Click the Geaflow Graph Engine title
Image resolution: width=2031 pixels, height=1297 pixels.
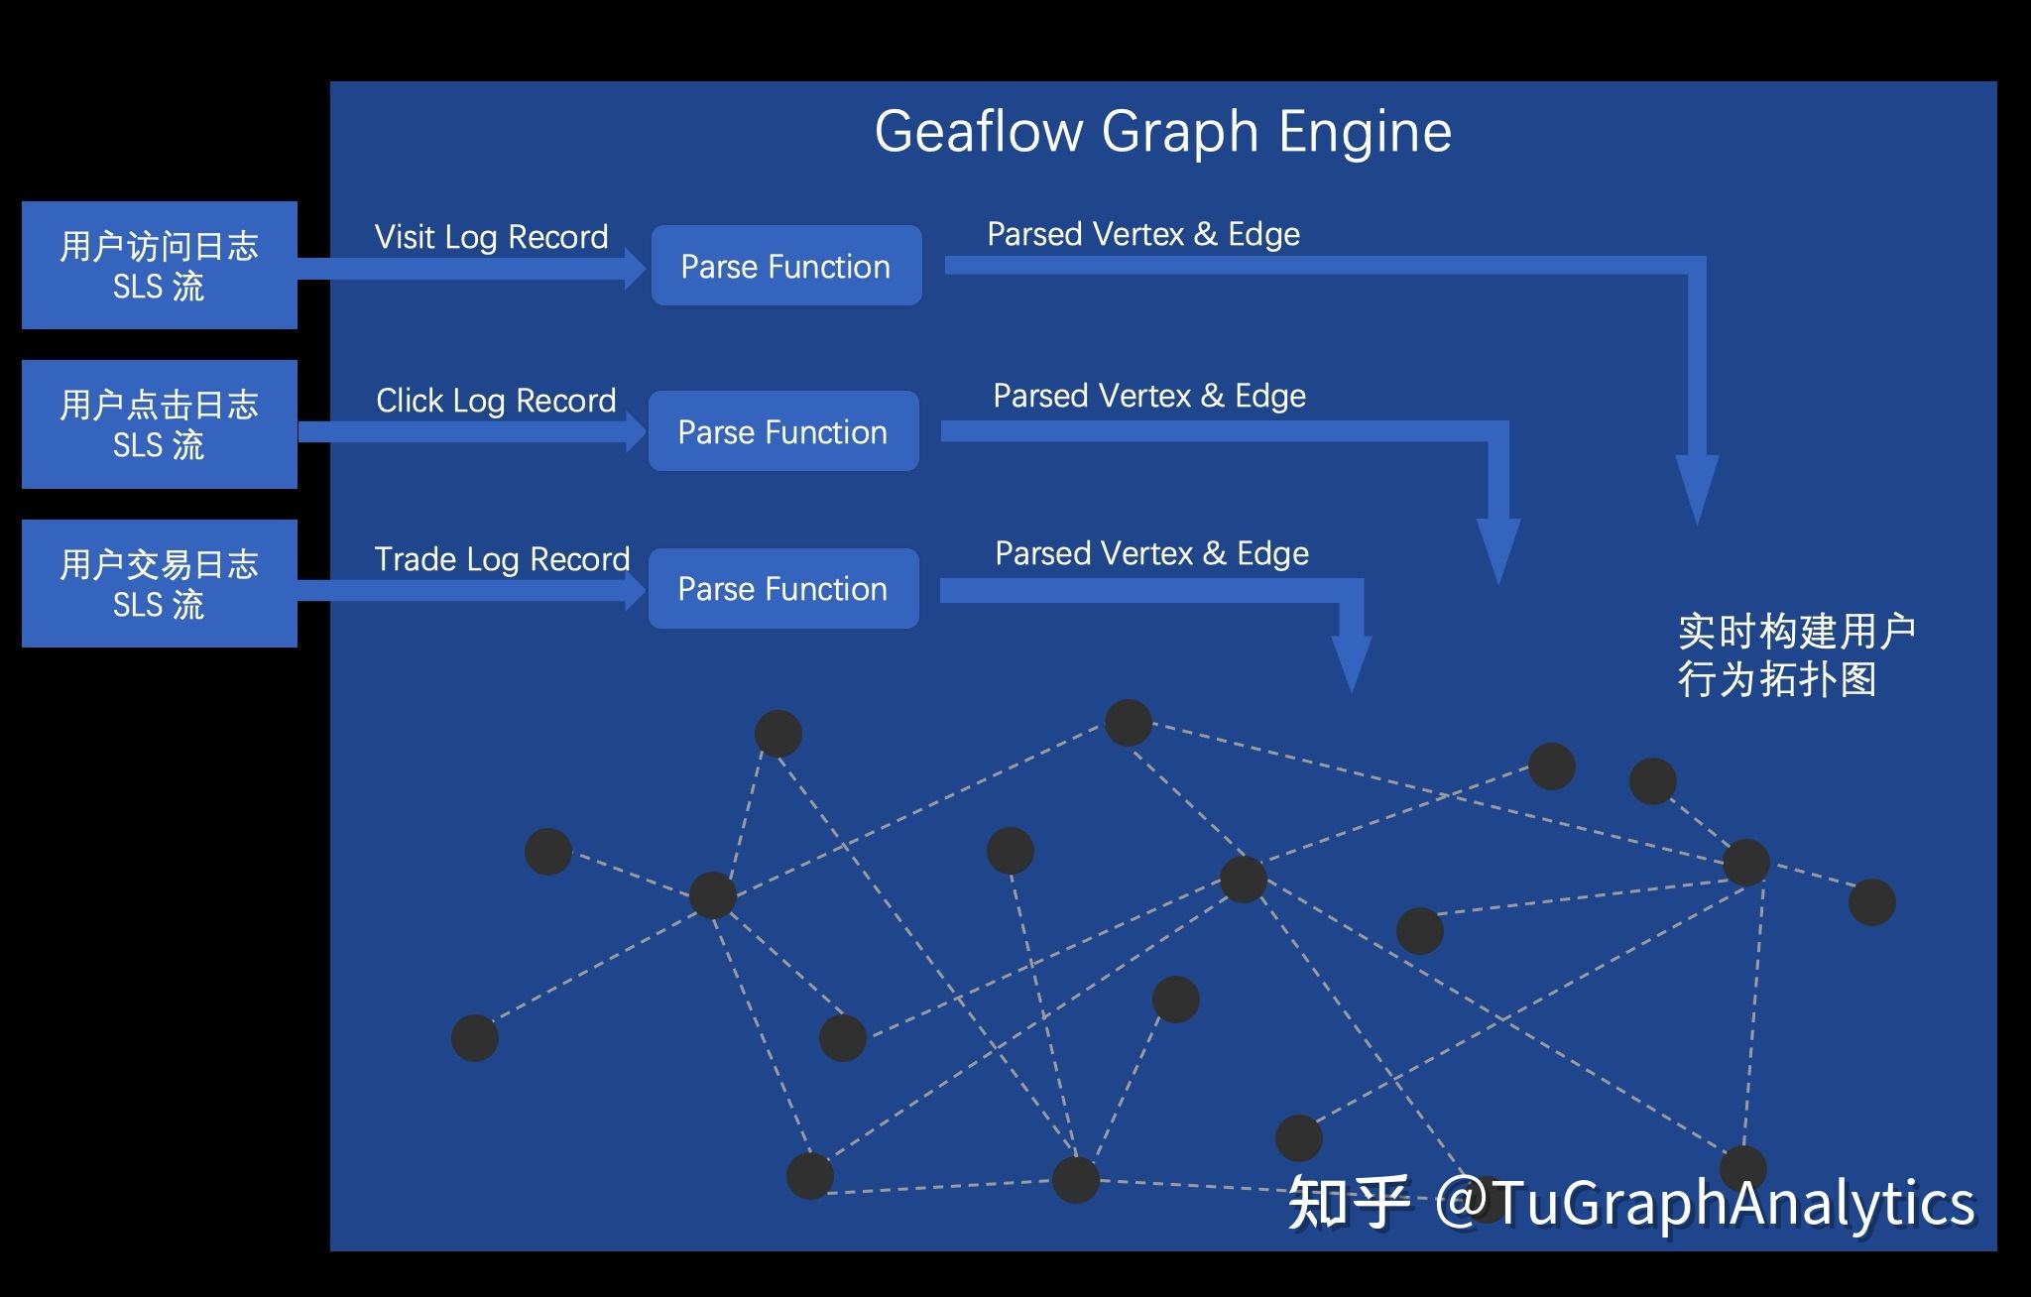click(1162, 132)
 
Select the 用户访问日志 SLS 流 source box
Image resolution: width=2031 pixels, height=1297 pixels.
click(160, 265)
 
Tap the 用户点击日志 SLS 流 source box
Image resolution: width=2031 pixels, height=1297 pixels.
click(160, 424)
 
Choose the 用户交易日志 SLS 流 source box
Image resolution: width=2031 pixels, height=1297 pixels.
click(160, 583)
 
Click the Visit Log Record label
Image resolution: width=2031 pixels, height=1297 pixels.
click(491, 237)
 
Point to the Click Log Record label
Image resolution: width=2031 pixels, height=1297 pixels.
click(496, 401)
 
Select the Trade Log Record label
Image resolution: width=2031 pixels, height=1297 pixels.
click(502, 559)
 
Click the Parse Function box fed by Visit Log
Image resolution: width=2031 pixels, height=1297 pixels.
click(785, 266)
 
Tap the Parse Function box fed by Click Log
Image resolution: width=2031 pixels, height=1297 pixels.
click(783, 431)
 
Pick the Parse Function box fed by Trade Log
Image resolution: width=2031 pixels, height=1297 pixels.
click(783, 589)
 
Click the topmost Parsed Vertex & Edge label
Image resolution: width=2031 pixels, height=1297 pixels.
click(1143, 234)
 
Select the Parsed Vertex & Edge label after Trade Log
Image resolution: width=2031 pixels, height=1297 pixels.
click(1151, 553)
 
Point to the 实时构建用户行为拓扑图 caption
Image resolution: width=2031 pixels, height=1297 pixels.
click(1795, 655)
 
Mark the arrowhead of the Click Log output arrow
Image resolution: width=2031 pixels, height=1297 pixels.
click(1498, 549)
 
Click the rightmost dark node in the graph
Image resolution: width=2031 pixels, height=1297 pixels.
click(1871, 902)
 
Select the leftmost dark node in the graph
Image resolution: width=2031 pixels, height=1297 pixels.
click(475, 1038)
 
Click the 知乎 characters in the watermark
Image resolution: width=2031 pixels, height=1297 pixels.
click(1348, 1203)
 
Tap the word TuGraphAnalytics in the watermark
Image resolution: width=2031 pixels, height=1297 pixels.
click(1732, 1203)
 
